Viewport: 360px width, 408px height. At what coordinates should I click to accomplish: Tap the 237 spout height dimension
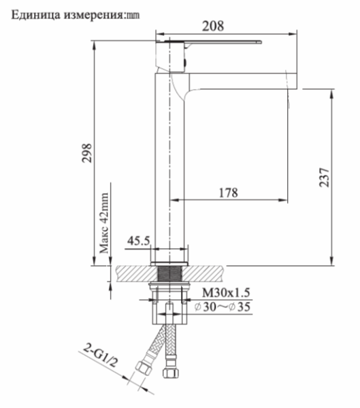[324, 178]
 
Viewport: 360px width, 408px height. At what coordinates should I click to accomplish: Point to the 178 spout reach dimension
[227, 192]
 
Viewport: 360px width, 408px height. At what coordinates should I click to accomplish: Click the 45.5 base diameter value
[139, 240]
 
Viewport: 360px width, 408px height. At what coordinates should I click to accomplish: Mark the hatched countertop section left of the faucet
[133, 273]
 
